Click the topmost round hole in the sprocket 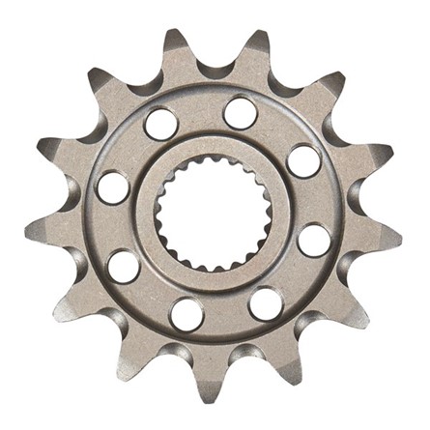241,113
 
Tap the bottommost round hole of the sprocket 185,312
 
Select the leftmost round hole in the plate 113,186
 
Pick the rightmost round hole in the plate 313,239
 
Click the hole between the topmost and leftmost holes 160,123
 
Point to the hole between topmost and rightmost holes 302,159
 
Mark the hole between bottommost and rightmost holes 265,303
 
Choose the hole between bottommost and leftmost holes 124,266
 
